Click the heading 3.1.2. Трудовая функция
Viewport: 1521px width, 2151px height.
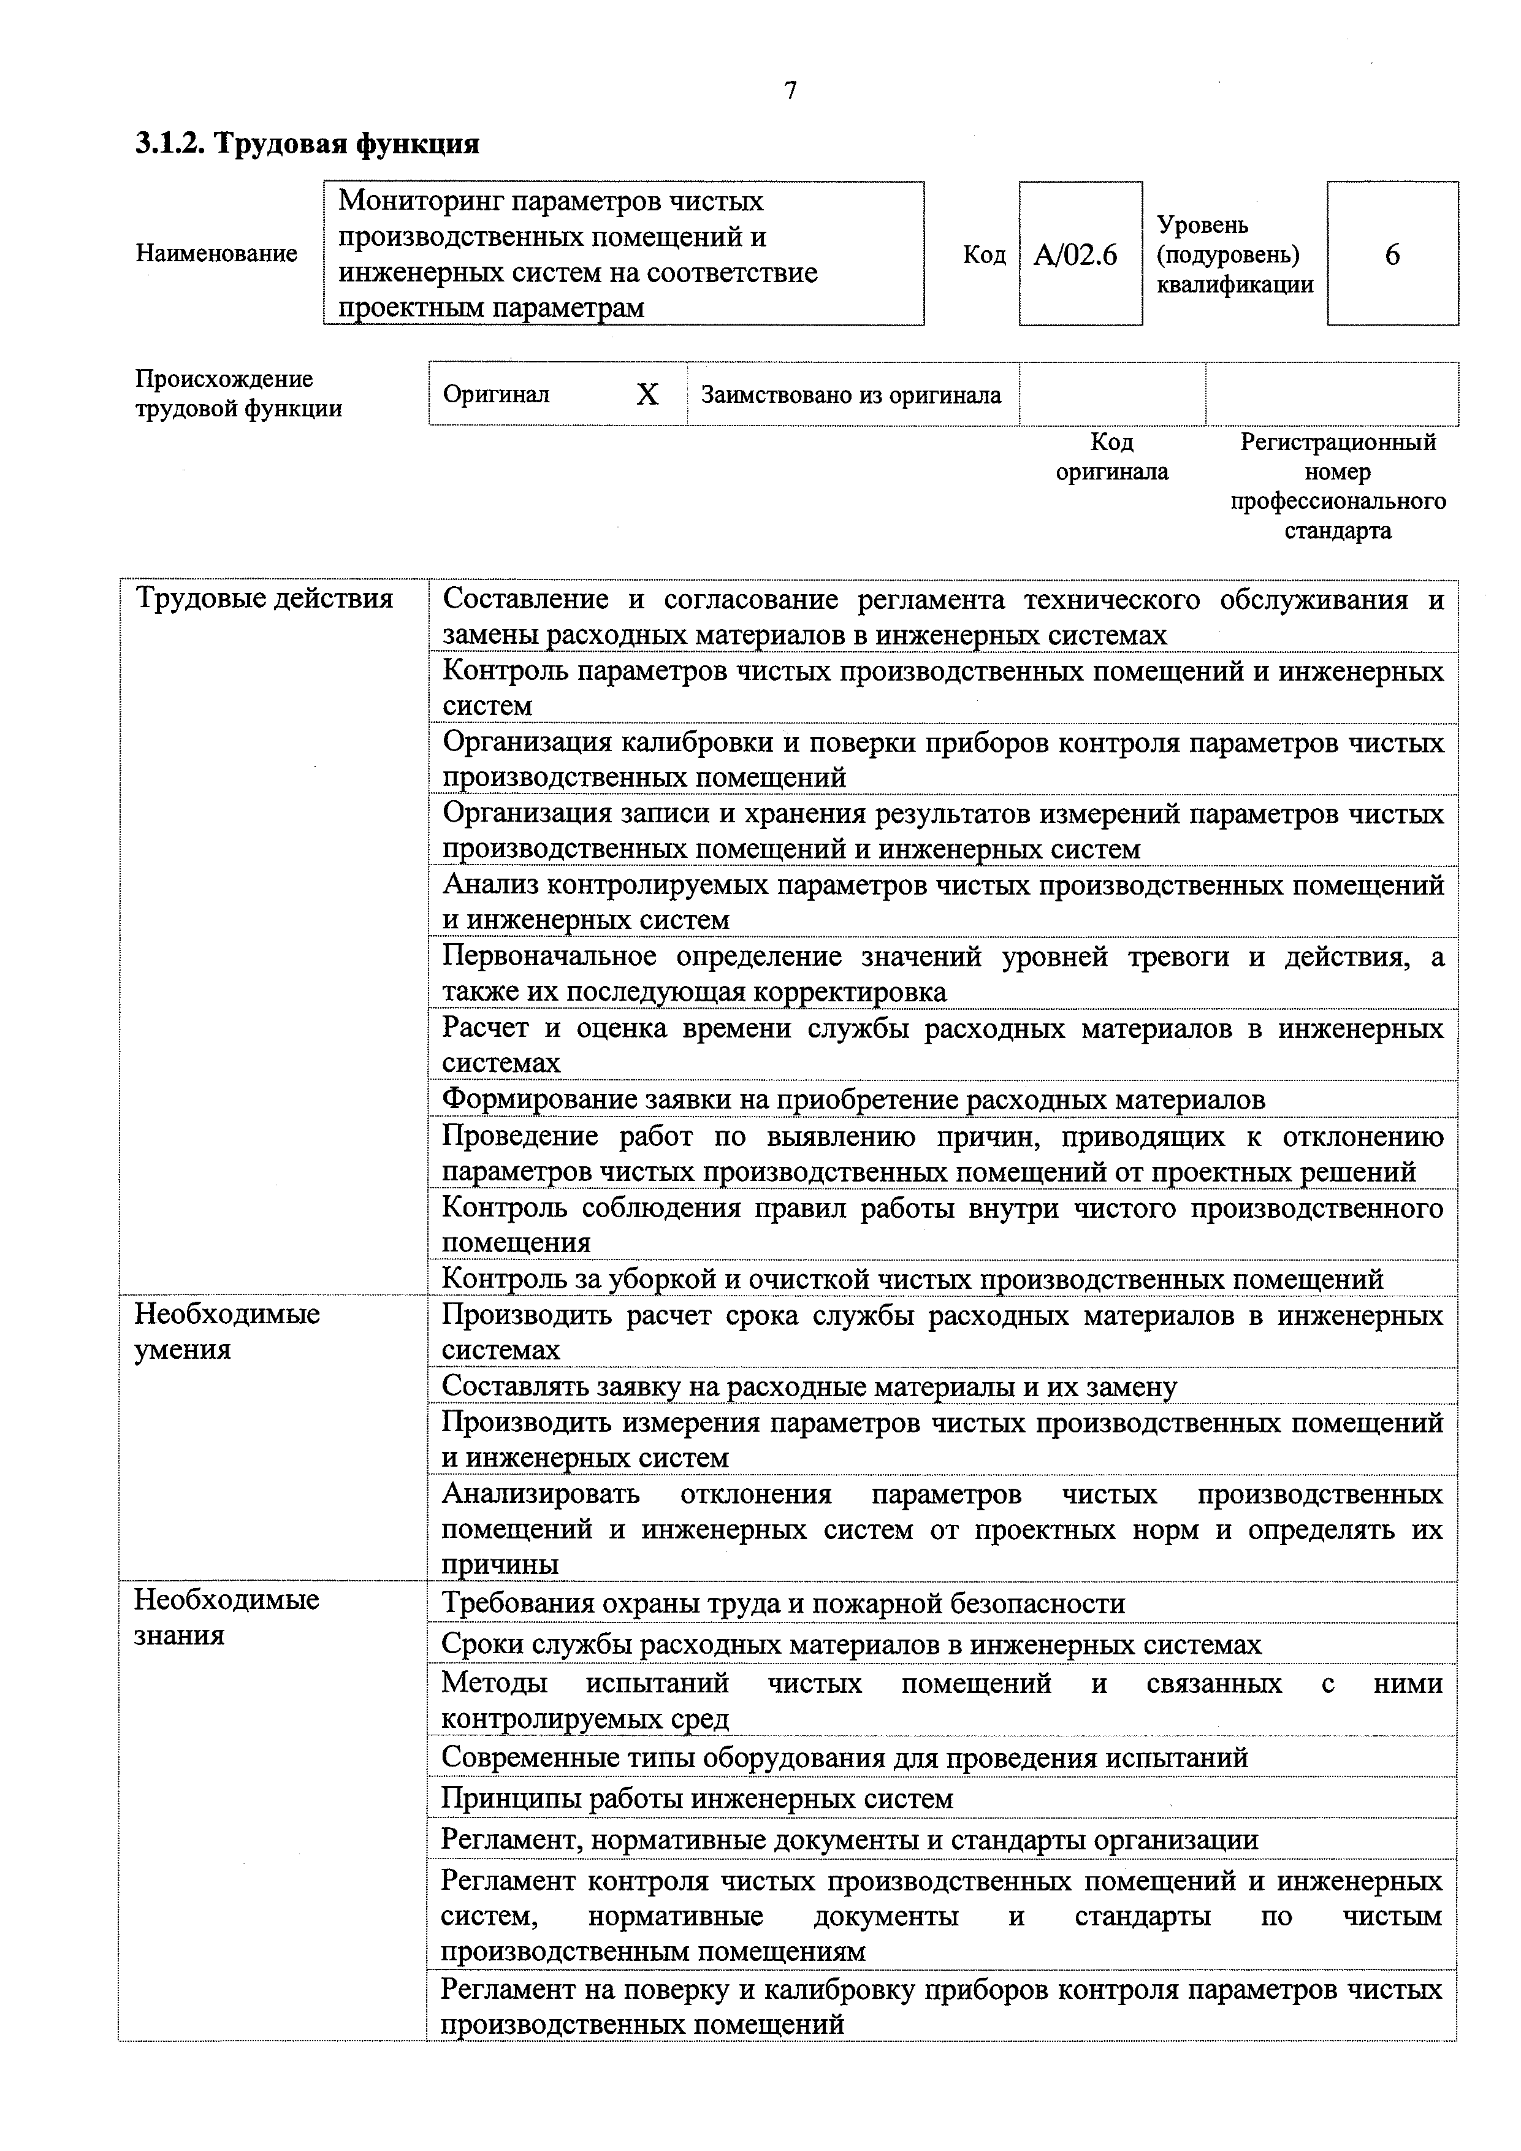coord(307,143)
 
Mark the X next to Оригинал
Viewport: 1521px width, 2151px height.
coord(647,394)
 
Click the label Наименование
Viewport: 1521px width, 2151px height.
coord(216,253)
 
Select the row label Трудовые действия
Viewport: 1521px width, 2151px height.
coord(264,598)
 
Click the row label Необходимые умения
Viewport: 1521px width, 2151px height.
coord(227,1331)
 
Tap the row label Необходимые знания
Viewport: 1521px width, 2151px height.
coord(227,1616)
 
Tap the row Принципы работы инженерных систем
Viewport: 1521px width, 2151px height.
coord(697,1798)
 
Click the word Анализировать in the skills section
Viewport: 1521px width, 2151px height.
coord(540,1493)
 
